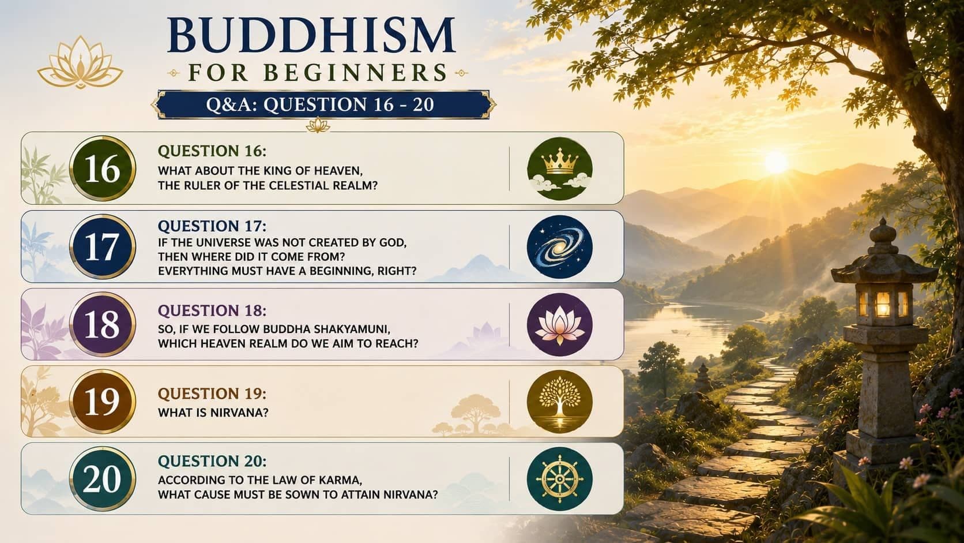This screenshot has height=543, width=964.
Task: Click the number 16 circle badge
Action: tap(103, 168)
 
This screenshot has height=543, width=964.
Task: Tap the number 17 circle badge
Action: tap(103, 247)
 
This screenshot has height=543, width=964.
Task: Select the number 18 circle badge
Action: tap(103, 324)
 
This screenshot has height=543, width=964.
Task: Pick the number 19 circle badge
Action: tap(103, 401)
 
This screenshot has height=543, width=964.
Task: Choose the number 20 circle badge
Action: tap(103, 478)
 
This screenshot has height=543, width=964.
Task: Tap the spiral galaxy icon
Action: tap(559, 247)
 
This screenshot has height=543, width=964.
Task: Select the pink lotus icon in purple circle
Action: tap(559, 324)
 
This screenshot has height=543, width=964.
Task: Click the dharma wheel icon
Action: tap(559, 478)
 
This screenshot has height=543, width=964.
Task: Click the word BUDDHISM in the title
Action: tap(311, 35)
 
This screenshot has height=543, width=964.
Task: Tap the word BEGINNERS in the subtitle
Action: tap(356, 73)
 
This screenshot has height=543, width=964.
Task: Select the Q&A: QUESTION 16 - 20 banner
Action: tap(323, 104)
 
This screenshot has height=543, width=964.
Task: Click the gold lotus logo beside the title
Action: tap(81, 63)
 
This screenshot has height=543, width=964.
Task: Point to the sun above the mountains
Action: tap(776, 162)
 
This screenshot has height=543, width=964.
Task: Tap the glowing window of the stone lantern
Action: tap(883, 304)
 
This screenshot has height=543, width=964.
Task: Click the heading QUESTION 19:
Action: tap(212, 394)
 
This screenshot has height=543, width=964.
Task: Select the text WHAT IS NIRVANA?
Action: tap(213, 413)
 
